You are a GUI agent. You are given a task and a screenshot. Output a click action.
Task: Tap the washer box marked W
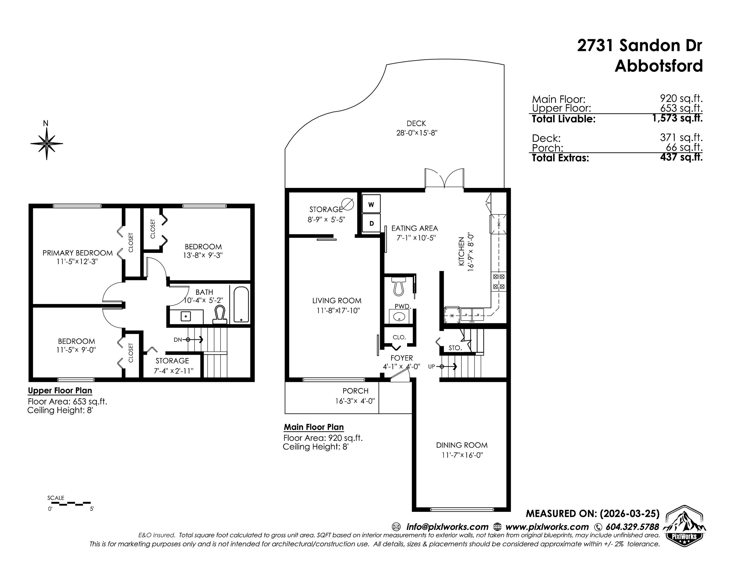tap(371, 204)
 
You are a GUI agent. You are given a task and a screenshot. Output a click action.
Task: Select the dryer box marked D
tap(371, 223)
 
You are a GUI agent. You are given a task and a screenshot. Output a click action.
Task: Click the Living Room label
tap(336, 301)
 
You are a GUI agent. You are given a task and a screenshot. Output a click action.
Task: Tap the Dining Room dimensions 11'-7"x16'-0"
tap(462, 455)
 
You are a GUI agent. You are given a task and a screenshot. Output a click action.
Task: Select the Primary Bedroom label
tap(78, 253)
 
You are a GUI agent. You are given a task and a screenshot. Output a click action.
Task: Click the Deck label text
tap(416, 124)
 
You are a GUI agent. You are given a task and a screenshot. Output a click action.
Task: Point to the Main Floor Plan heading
tap(313, 427)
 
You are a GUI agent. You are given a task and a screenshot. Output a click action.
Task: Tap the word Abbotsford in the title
tap(658, 66)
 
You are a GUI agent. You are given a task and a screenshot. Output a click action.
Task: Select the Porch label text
tap(355, 391)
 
